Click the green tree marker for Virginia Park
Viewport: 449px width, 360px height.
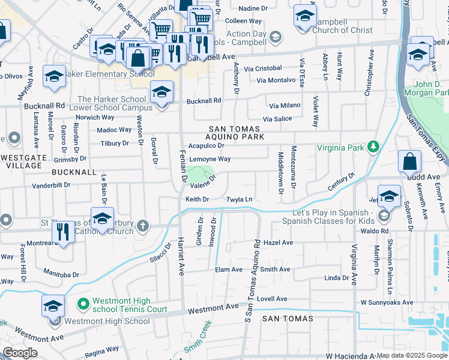[x=373, y=146]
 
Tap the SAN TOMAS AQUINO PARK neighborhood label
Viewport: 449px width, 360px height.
[x=235, y=133]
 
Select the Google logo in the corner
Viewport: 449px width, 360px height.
[x=20, y=353]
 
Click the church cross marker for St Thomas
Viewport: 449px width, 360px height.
[x=142, y=226]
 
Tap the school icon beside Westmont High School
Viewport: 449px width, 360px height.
[x=53, y=307]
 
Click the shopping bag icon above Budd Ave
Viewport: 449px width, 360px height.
[x=409, y=161]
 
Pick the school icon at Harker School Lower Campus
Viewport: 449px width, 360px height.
[x=161, y=92]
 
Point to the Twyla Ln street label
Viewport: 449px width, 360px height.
[x=238, y=199]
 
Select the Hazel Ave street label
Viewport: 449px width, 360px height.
[x=278, y=243]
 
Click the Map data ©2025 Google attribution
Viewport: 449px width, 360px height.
[x=412, y=355]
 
